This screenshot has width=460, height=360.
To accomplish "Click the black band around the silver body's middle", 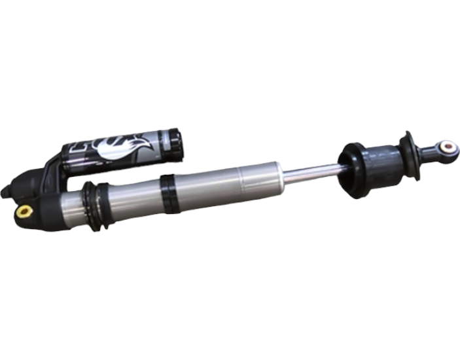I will coord(169,193).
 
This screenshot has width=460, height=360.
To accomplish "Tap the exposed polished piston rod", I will coord(311,171).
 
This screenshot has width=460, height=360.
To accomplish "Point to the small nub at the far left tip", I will coord(5,192).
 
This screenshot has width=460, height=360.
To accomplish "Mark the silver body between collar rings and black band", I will coord(134,200).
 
